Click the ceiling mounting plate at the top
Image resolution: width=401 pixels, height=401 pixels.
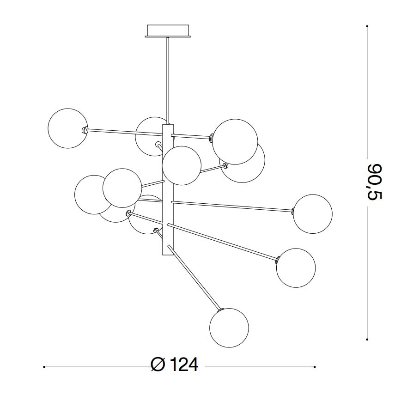[168, 31]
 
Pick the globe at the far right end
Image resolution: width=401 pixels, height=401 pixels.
[313, 214]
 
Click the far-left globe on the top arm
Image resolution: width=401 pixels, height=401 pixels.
[68, 128]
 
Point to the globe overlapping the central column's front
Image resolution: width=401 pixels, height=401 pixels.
[182, 165]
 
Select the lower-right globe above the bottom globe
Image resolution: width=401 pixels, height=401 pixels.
[296, 268]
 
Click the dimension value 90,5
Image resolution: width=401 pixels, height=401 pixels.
[375, 182]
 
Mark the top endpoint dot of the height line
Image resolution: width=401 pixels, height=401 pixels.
[367, 26]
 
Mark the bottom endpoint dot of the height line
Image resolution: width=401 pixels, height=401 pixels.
[367, 339]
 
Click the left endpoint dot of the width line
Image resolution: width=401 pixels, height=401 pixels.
[43, 367]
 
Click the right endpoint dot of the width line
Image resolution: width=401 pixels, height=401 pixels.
[315, 367]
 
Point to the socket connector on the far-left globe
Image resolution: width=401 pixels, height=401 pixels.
[85, 130]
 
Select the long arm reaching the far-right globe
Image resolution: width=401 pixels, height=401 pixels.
[231, 206]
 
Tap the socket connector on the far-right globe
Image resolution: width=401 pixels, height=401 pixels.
[293, 212]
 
